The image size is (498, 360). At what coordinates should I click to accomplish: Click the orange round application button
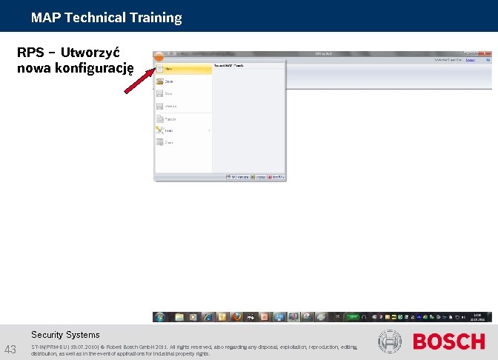(159, 56)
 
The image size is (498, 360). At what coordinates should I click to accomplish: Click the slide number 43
(10, 349)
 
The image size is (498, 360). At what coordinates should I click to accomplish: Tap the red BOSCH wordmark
(448, 341)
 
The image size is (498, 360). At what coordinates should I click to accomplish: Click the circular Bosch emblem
(390, 341)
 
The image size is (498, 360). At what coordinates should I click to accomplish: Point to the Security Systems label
(65, 335)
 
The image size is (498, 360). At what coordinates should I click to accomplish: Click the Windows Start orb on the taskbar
(159, 316)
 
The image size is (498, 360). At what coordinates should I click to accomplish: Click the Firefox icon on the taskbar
(236, 316)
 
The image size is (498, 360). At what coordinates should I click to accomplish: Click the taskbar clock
(478, 316)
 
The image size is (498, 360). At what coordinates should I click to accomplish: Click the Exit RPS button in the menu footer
(276, 177)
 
